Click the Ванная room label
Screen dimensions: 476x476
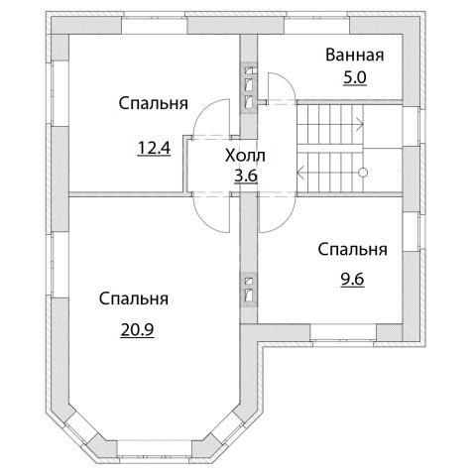(x=354, y=55)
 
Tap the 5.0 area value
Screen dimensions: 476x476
(x=355, y=78)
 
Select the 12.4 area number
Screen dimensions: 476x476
(x=154, y=148)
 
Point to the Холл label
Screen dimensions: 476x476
(x=245, y=156)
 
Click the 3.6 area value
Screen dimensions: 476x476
(x=246, y=176)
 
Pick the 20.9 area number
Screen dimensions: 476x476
(x=137, y=329)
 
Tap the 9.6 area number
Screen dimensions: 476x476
(x=352, y=280)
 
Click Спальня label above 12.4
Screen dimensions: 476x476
(x=154, y=103)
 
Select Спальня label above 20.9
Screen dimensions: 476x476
(x=134, y=298)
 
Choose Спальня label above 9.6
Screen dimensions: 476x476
(x=352, y=250)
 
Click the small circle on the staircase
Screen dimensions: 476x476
(x=363, y=173)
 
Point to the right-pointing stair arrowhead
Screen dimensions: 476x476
(x=361, y=125)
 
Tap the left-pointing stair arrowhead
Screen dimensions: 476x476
(x=300, y=173)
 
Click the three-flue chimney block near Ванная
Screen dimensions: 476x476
(x=249, y=88)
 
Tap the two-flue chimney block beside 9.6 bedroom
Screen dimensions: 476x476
(x=249, y=290)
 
